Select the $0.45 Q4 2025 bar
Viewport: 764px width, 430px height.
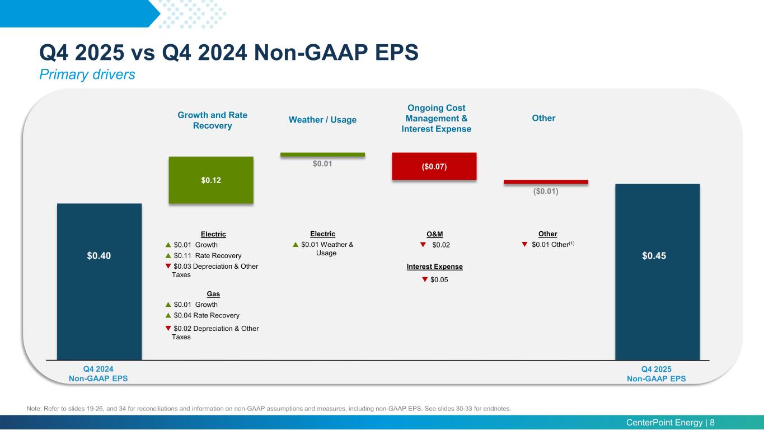pyautogui.click(x=657, y=272)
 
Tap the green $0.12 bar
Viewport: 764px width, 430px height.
pyautogui.click(x=211, y=180)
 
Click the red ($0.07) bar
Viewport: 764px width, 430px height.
pyautogui.click(x=434, y=166)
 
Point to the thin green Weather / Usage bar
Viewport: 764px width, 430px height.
pyautogui.click(x=322, y=155)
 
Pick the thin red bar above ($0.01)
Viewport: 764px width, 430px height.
pyautogui.click(x=546, y=182)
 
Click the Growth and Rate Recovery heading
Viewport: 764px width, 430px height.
pyautogui.click(x=212, y=120)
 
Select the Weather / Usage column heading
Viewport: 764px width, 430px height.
pyautogui.click(x=322, y=120)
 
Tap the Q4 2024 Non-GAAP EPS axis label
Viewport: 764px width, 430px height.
pyautogui.click(x=98, y=373)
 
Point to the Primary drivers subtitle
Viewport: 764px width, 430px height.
pyautogui.click(x=87, y=74)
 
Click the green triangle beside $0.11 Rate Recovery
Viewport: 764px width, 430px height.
pyautogui.click(x=168, y=255)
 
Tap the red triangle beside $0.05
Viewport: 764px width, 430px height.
pyautogui.click(x=425, y=279)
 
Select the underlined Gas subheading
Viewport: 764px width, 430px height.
pyautogui.click(x=213, y=294)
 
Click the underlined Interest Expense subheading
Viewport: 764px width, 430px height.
pyautogui.click(x=434, y=267)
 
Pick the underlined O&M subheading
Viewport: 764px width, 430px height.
pyautogui.click(x=434, y=234)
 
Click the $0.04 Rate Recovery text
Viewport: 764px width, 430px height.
pyautogui.click(x=207, y=316)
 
